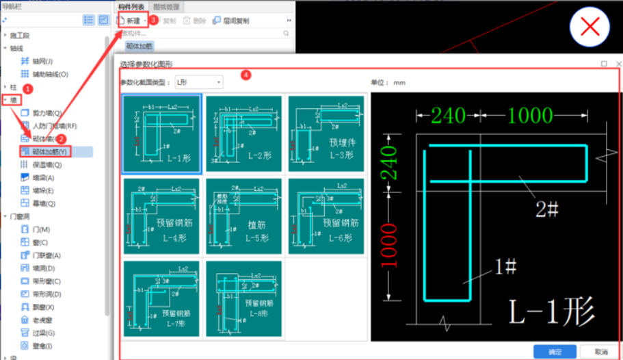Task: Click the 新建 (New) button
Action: (x=132, y=21)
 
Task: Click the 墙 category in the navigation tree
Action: (x=14, y=100)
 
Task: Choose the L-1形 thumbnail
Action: (x=161, y=133)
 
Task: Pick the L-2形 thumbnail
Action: (x=243, y=133)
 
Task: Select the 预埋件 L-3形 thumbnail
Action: (x=326, y=133)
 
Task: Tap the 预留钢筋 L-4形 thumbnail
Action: (x=161, y=216)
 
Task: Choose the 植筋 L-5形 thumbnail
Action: (x=243, y=216)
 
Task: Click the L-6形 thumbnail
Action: (x=326, y=216)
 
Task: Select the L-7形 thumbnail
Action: (x=161, y=298)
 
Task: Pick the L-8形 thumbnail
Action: (x=243, y=298)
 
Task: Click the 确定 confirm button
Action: (x=555, y=352)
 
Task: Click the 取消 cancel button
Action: (x=601, y=352)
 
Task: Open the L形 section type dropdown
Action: (x=199, y=82)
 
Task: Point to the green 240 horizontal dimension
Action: (x=449, y=115)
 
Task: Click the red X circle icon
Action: (x=589, y=27)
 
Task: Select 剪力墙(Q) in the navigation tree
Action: (x=47, y=113)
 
